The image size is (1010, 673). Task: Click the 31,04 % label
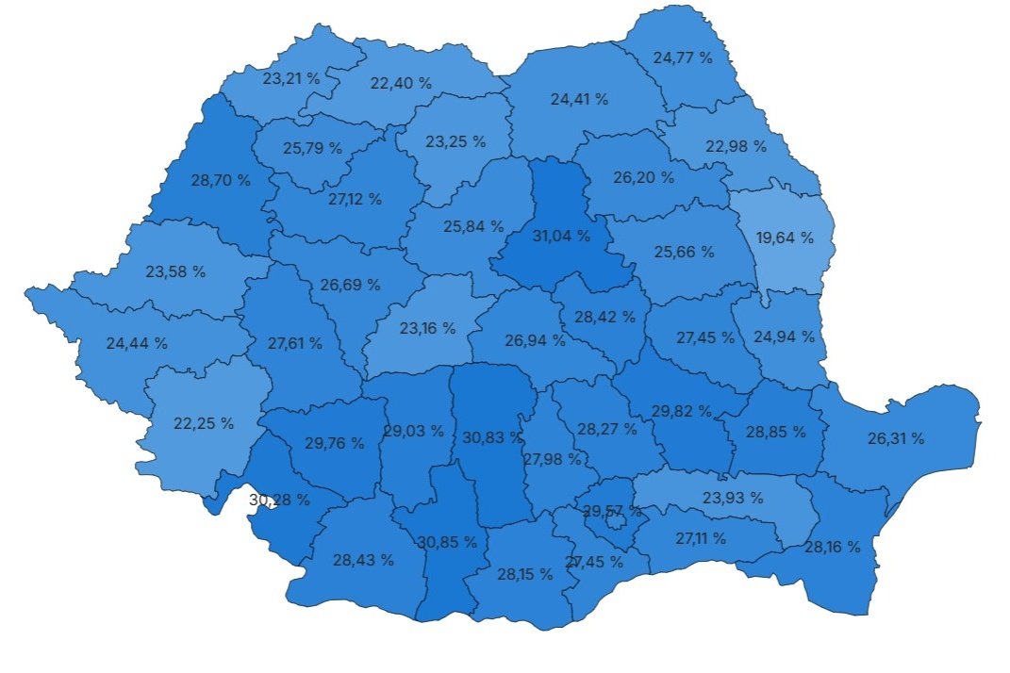point(561,236)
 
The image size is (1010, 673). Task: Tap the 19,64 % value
point(785,238)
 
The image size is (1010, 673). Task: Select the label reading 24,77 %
point(683,57)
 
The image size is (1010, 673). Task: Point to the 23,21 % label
point(291,79)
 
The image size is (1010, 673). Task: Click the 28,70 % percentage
point(221,180)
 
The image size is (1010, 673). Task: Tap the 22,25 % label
point(204,423)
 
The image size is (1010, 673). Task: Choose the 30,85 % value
point(446,542)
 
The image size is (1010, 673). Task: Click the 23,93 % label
point(734,498)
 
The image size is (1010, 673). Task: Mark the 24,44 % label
point(137,343)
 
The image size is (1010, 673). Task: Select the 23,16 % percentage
point(426,328)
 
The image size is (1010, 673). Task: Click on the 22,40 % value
point(401,83)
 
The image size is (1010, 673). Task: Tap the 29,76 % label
point(335,444)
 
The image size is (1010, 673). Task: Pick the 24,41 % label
point(578,98)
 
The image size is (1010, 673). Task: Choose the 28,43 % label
point(363,560)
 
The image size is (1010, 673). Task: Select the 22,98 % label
point(737,146)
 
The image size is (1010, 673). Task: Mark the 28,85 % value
point(776,432)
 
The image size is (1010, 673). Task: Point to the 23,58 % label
point(175,271)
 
